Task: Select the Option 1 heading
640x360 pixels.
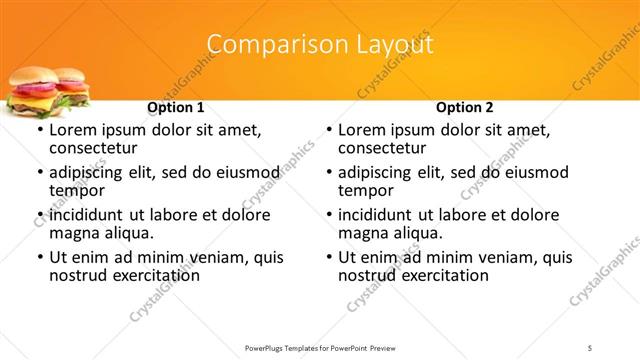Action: click(176, 107)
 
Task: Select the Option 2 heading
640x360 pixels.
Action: click(465, 107)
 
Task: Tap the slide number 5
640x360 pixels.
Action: click(591, 347)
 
